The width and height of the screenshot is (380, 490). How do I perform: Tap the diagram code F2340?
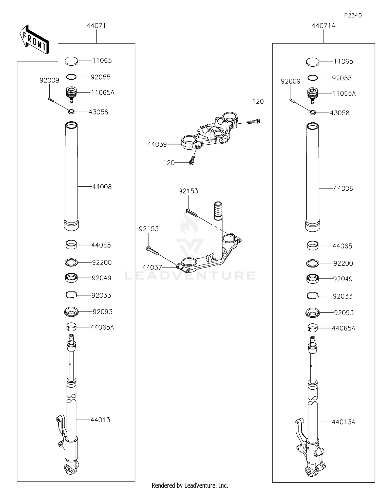[x=353, y=15]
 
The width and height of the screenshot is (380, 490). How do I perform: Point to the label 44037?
[x=152, y=268]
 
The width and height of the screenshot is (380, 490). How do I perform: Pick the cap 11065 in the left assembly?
[x=71, y=61]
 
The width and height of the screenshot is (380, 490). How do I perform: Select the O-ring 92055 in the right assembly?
[x=313, y=78]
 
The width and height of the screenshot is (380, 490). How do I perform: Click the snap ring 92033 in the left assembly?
[x=71, y=295]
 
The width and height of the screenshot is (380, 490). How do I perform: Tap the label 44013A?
[x=344, y=422]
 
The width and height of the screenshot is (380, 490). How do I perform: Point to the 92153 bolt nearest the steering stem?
[x=192, y=213]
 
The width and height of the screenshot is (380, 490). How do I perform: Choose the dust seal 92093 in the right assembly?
[x=313, y=313]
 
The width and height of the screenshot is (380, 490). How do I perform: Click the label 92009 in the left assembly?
[x=49, y=80]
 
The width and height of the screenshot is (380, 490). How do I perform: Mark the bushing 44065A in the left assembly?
[x=71, y=327]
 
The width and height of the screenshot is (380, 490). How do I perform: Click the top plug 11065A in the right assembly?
[x=313, y=94]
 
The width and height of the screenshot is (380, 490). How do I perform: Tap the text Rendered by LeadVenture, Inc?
[x=190, y=485]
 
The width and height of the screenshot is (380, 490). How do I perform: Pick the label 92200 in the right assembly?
[x=343, y=263]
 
